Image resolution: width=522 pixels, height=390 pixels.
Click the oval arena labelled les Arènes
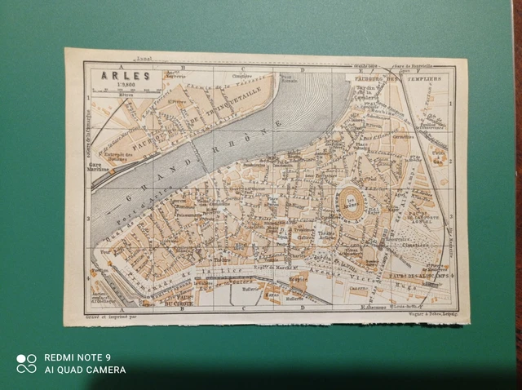pyautogui.click(x=354, y=199)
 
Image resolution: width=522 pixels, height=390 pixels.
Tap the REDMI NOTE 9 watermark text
pyautogui.click(x=77, y=357)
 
